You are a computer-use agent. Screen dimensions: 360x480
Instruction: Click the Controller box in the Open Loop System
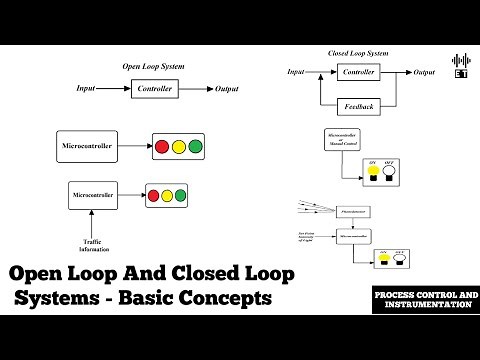pyautogui.click(x=153, y=89)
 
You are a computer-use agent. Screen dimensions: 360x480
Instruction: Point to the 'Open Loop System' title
pyautogui.click(x=153, y=66)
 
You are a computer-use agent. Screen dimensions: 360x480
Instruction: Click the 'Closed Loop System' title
pyautogui.click(x=358, y=52)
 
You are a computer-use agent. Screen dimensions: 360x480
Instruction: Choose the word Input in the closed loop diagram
pyautogui.click(x=296, y=72)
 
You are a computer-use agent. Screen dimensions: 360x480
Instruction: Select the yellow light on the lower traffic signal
pyautogui.click(x=166, y=194)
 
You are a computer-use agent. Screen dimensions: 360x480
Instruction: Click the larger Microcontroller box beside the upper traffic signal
pyautogui.click(x=86, y=146)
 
